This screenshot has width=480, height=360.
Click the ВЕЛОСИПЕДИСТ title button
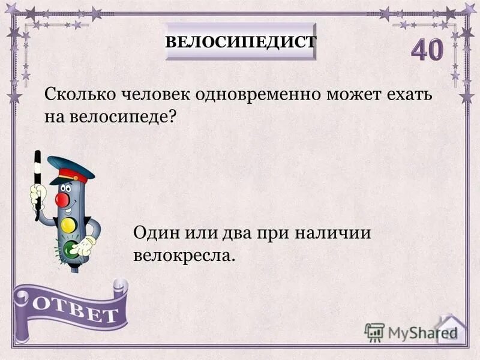coord(240,41)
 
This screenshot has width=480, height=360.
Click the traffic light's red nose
coord(63,198)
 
